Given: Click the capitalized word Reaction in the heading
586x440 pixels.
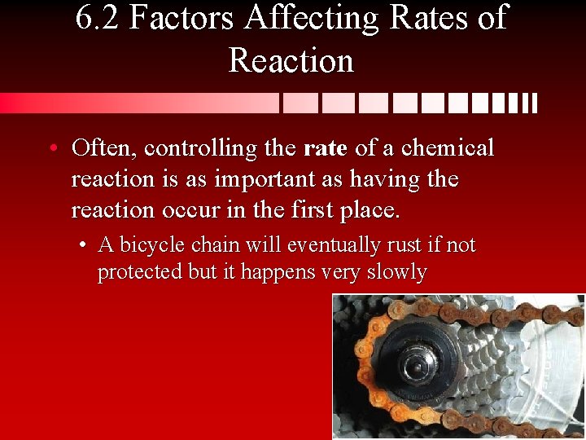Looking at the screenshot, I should [x=291, y=61].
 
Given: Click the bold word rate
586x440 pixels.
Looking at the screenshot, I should [x=326, y=149].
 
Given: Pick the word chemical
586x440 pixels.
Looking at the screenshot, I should [x=448, y=148].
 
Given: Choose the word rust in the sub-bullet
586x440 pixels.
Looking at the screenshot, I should [x=383, y=245].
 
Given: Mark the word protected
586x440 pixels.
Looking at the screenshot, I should [x=140, y=271].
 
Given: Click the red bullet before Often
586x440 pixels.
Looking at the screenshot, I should [x=53, y=149].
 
